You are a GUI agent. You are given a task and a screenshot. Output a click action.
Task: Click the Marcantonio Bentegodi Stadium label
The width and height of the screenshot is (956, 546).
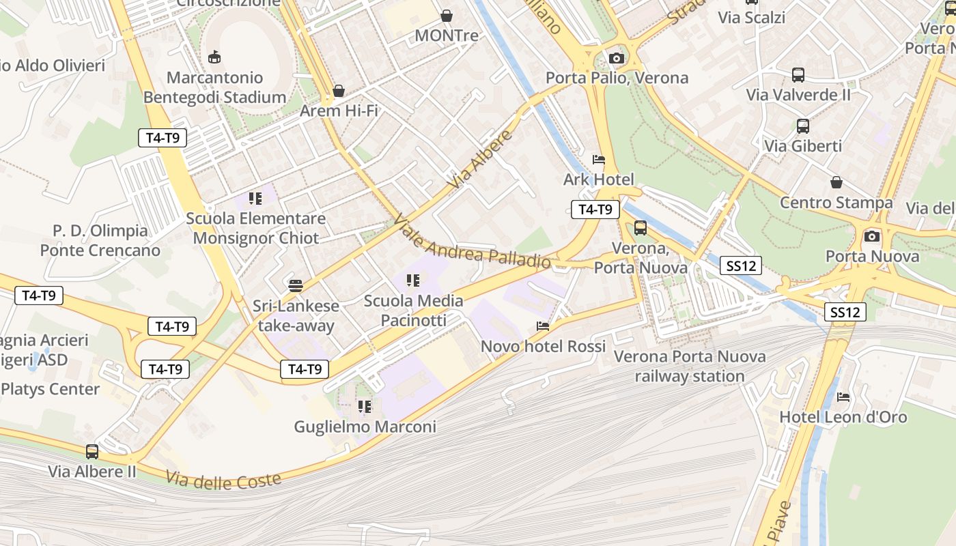pos(214,87)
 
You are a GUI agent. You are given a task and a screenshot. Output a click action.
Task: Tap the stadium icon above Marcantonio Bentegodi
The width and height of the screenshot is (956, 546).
pos(214,57)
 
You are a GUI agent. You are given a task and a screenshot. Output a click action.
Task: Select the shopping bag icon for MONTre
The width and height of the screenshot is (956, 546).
pos(447,15)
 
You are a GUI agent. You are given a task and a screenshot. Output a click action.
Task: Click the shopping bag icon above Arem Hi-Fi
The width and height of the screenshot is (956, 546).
pos(339,91)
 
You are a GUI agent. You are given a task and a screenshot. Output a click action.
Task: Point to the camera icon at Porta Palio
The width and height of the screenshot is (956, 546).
pos(617,58)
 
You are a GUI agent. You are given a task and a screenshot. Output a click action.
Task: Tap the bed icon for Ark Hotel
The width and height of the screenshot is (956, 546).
pos(599,160)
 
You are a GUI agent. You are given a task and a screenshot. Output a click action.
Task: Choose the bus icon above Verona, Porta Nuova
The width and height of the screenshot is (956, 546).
pos(641,228)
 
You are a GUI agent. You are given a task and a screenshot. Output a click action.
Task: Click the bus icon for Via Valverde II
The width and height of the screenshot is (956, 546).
pos(798,75)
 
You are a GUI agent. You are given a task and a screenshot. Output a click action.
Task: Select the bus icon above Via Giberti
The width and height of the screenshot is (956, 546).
pos(803,126)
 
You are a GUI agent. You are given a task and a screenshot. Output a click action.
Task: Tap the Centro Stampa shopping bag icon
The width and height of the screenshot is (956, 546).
pos(836,182)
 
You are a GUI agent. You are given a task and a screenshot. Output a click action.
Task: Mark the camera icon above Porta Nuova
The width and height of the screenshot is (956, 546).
pos(872,236)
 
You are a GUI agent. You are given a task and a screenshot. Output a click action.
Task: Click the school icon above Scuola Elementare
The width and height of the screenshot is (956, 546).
pos(255,199)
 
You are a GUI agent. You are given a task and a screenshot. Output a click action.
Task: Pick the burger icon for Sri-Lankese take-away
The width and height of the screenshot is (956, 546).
pos(296,285)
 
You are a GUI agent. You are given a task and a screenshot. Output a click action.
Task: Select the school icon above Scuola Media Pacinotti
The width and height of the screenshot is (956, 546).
pos(412,281)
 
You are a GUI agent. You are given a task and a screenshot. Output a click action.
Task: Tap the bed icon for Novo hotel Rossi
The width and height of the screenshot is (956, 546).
pos(543,326)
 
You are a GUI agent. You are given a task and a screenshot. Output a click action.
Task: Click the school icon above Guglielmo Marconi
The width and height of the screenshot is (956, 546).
pos(365,407)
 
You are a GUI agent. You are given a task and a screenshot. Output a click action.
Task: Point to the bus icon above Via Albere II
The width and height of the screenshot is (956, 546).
pos(92,451)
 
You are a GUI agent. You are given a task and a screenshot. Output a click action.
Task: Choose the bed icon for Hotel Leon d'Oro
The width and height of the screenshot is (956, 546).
pos(844,397)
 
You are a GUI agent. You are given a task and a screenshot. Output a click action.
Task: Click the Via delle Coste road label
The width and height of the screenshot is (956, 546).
pos(223,480)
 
